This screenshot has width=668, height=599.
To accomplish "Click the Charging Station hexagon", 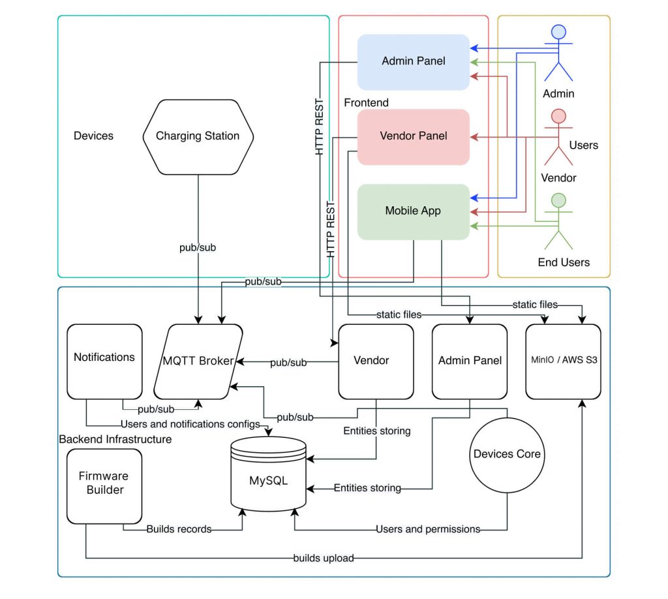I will point(198,136).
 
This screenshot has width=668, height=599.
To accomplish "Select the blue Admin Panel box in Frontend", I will point(414,61).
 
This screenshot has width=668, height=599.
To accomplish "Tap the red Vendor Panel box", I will point(414,136).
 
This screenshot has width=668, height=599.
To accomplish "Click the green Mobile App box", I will point(414,211).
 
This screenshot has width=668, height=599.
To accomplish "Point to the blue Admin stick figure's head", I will point(558,32).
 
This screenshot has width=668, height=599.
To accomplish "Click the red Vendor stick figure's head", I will point(558,116).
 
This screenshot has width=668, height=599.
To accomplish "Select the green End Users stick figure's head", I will point(558,201).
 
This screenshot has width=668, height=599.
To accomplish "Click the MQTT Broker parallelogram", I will point(198,361).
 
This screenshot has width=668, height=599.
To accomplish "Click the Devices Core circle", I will point(507,453).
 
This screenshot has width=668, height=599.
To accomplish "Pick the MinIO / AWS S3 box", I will point(563,361).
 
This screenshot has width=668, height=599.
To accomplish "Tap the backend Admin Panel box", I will point(470,361).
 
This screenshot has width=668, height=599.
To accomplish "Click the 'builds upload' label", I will point(323,558).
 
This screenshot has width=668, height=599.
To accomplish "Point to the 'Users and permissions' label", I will point(428,529).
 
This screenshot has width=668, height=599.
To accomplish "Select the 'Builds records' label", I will point(179,529).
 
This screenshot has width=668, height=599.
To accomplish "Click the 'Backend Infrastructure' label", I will point(115,439).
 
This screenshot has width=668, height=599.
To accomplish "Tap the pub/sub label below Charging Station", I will point(198,248).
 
